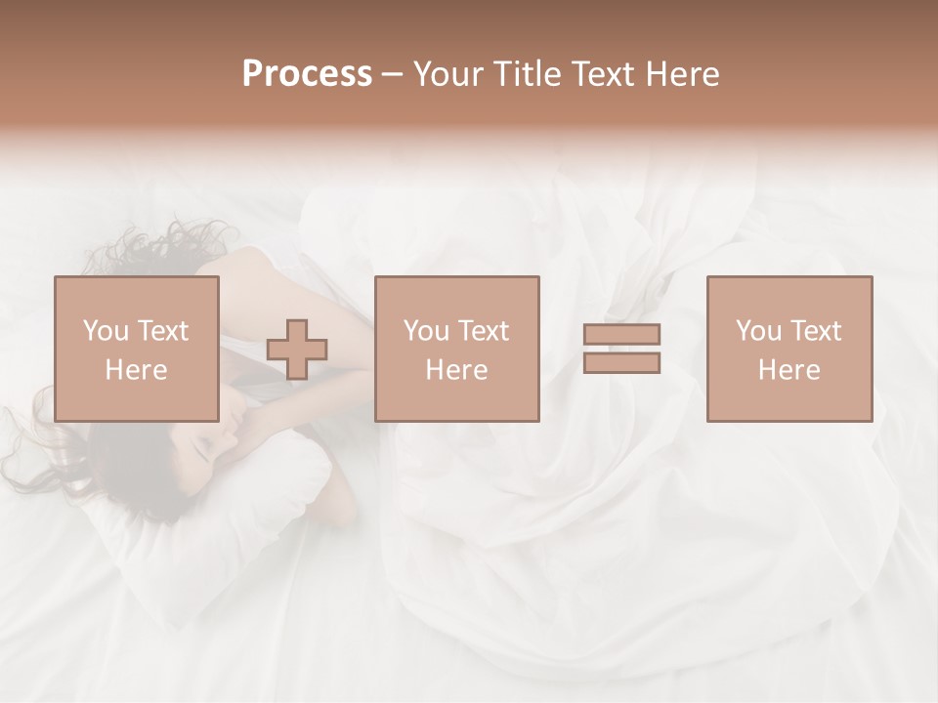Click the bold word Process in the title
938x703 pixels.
pyautogui.click(x=307, y=74)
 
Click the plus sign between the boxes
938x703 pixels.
pyautogui.click(x=297, y=349)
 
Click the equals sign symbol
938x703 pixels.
pyautogui.click(x=621, y=349)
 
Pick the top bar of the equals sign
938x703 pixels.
pyautogui.click(x=621, y=334)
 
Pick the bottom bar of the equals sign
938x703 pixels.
pyautogui.click(x=621, y=363)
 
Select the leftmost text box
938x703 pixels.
pyautogui.click(x=137, y=349)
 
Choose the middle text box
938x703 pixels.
pyautogui.click(x=457, y=349)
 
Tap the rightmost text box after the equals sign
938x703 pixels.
pyautogui.click(x=789, y=349)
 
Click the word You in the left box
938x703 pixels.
pyautogui.click(x=105, y=331)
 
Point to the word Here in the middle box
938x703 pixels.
pyautogui.click(x=457, y=370)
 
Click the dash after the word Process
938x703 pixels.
pyautogui.click(x=393, y=75)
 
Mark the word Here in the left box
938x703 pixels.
pyautogui.click(x=137, y=370)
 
